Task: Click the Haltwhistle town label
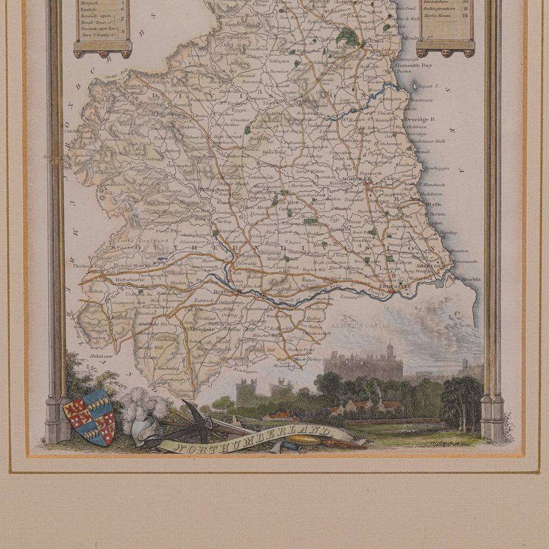tap(130, 279)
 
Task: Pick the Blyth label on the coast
tap(433, 203)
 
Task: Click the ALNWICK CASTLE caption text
tap(361, 326)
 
